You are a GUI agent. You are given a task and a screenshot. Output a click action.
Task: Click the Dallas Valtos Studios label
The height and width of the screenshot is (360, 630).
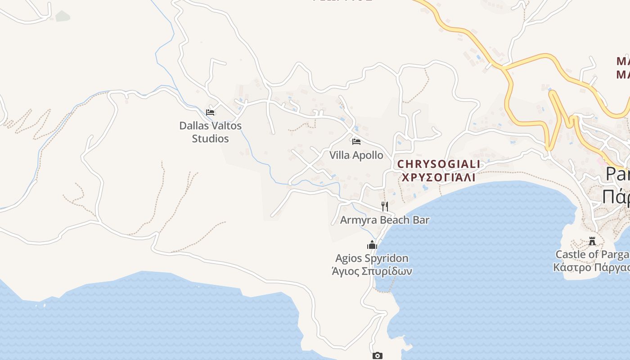[211, 132]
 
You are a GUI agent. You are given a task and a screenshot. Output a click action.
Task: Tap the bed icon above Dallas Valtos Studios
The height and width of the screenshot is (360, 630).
[210, 112]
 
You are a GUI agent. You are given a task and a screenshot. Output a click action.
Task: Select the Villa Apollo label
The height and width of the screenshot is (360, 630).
[356, 155]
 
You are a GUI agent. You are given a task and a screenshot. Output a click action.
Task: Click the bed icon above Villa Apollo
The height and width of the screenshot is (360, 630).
[356, 142]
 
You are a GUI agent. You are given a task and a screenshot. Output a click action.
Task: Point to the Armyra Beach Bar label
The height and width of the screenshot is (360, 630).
[384, 220]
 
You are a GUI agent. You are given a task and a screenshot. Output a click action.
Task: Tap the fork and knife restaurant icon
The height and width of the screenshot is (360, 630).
[385, 207]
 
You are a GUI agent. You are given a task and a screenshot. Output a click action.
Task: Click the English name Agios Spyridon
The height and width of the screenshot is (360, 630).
[372, 258]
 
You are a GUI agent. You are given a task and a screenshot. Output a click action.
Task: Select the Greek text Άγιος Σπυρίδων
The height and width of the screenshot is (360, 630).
[372, 271]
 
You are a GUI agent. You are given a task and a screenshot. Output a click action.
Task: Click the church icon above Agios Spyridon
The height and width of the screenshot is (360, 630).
[372, 245]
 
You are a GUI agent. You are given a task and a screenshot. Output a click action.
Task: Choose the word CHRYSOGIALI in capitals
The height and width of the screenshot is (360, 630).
[439, 164]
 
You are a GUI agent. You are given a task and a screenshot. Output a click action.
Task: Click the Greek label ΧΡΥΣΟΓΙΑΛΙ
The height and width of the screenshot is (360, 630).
[438, 177]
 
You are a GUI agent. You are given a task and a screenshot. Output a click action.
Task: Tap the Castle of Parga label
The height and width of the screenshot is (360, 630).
[592, 255]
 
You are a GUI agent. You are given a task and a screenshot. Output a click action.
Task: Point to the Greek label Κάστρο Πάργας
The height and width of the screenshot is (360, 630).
[591, 267]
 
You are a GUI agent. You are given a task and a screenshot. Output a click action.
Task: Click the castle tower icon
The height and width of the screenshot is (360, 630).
[592, 241]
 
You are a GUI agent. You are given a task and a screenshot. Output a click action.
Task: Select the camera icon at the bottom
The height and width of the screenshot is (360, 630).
[378, 356]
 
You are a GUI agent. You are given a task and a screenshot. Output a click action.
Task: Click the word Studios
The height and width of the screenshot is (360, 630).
[211, 139]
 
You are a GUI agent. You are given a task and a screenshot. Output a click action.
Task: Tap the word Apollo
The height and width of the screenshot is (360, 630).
[368, 155]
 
